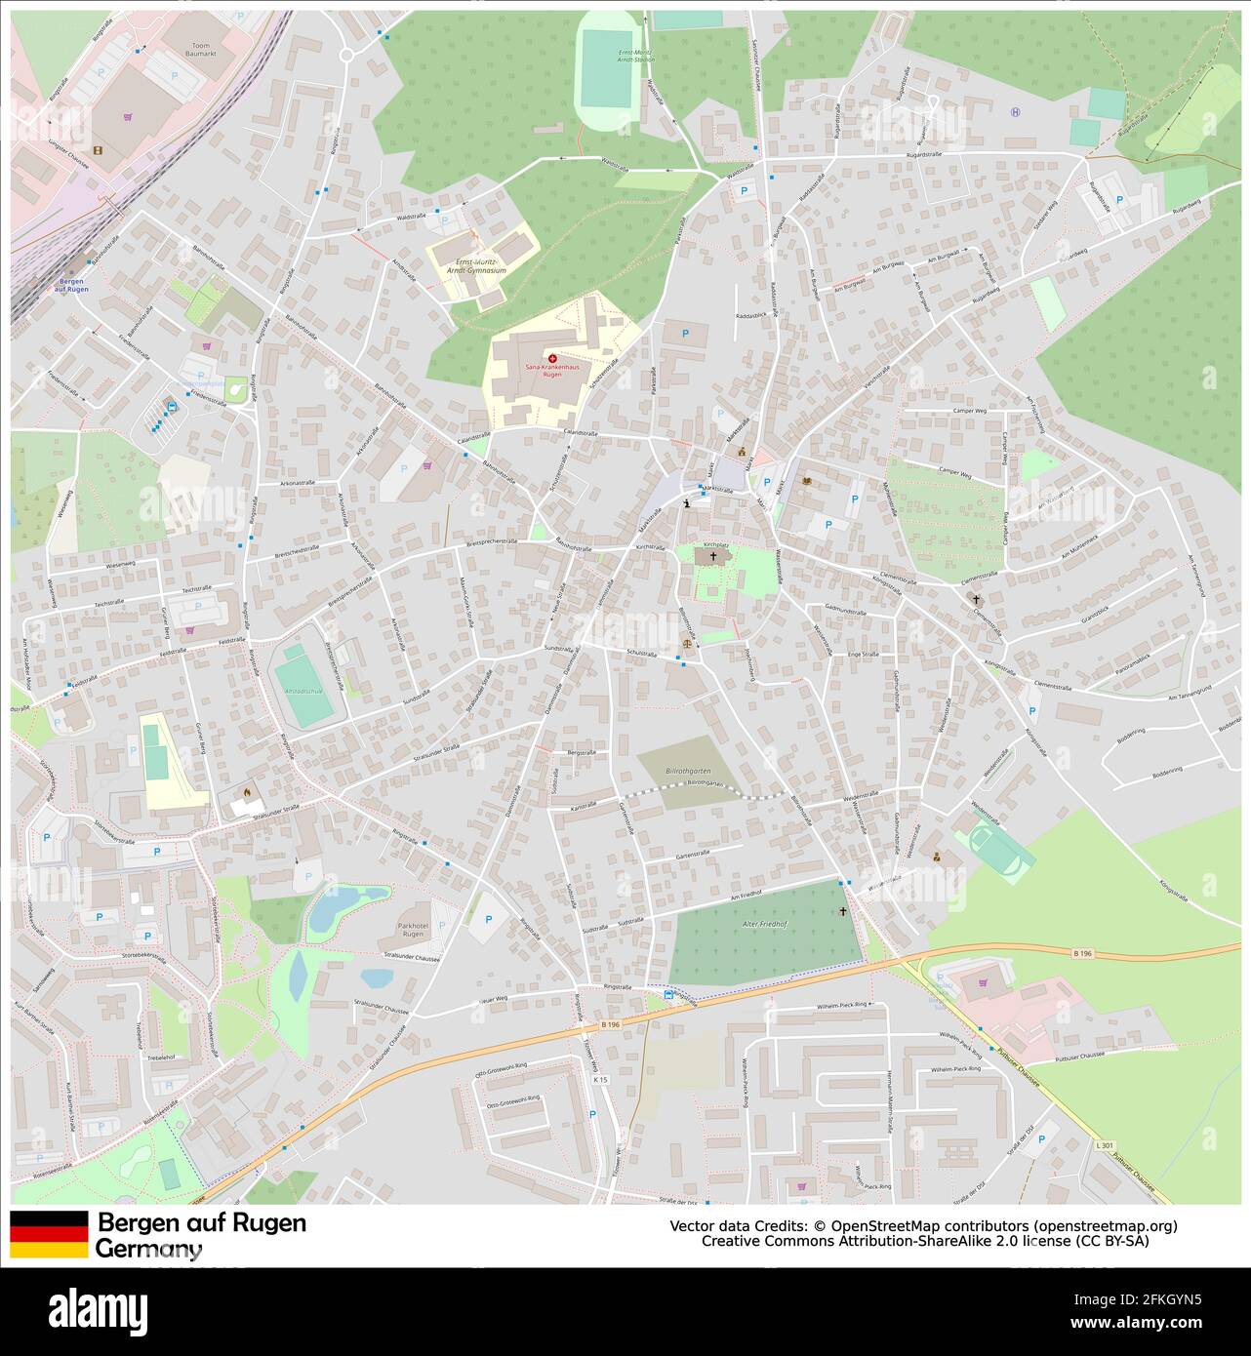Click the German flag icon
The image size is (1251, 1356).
point(49,1234)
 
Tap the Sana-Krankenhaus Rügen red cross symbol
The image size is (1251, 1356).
point(553,360)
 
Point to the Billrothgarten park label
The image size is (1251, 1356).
point(688,771)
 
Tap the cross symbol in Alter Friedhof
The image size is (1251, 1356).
point(844,911)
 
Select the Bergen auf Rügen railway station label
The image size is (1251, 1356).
point(71,285)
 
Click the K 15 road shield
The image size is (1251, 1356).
point(600,1079)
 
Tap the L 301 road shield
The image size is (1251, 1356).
point(1104,1143)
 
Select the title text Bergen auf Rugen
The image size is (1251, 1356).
point(202,1222)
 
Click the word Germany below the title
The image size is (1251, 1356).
point(148,1248)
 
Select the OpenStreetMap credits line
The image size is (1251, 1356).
point(923,1225)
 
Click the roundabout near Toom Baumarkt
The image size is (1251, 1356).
point(347,55)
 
